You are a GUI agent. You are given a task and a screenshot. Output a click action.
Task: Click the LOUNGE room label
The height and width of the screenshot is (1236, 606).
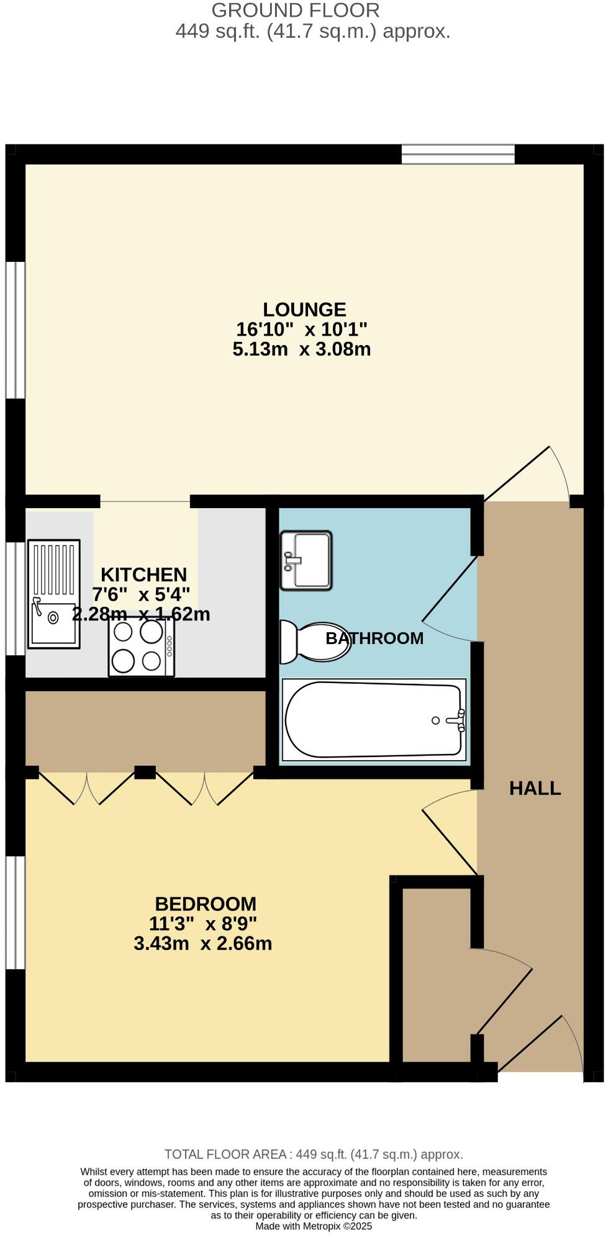304,309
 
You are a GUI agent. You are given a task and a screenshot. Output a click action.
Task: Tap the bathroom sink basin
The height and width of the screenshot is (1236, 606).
306,560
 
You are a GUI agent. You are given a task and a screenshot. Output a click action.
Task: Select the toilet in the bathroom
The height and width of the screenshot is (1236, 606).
314,643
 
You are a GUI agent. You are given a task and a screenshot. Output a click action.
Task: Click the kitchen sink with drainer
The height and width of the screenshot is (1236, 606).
54,594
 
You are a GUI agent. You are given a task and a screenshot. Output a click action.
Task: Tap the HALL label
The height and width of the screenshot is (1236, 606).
535,788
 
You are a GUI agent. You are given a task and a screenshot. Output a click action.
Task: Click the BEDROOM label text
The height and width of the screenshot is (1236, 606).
206,903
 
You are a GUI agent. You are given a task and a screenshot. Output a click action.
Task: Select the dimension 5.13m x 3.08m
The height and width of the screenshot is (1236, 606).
302,349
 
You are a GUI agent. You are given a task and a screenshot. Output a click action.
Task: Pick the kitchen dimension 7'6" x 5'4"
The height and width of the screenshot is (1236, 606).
141,594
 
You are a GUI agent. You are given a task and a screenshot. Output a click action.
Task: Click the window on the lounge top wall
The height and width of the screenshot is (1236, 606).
458,154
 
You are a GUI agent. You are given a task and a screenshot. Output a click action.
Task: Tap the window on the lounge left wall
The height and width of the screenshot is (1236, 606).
15,329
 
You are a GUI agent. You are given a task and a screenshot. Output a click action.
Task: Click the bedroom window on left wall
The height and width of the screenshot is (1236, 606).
15,912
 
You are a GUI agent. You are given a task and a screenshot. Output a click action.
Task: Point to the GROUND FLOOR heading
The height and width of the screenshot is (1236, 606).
296,10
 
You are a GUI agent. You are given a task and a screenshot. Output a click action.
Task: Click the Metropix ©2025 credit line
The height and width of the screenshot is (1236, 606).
314,1226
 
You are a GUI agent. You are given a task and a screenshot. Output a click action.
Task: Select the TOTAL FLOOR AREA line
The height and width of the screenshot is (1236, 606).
314,1154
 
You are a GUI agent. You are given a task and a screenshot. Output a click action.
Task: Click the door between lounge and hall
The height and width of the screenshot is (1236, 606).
528,475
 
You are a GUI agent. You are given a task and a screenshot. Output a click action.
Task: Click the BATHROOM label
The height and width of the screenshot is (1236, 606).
374,638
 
